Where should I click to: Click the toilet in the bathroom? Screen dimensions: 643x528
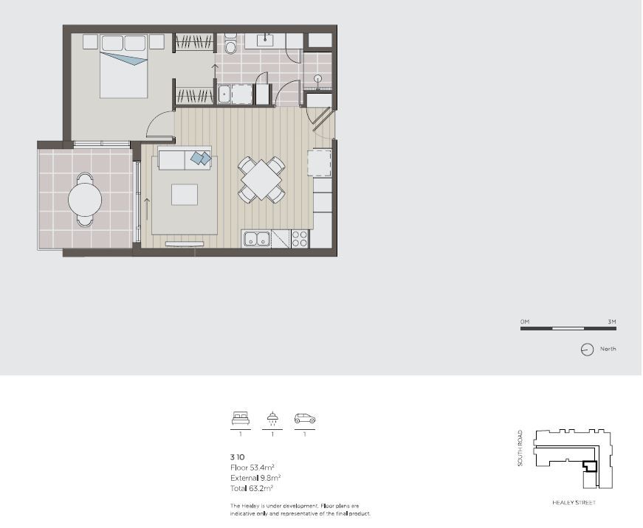coord(230,44)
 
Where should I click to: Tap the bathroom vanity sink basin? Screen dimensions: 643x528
coord(265,40)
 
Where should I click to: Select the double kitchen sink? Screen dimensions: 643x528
coord(257,239)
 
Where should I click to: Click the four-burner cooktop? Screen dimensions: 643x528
coord(300,239)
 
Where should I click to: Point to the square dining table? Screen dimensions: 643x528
coord(261,180)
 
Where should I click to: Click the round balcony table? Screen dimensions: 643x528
coord(85,200)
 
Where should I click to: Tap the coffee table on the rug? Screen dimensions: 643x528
coord(185,195)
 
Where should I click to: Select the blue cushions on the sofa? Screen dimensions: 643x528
coord(202,158)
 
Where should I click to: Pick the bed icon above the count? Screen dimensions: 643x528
coord(241,418)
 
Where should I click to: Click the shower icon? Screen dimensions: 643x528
coord(272,418)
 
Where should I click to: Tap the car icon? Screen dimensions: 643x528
coord(305,418)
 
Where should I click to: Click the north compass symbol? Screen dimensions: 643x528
coord(587,350)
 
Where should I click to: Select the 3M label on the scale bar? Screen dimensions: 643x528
coord(612,322)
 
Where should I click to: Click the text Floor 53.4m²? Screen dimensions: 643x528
coord(252,468)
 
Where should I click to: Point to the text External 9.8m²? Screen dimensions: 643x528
coord(255,478)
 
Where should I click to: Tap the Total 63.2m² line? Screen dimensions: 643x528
coord(252,488)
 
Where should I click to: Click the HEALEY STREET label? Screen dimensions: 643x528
coord(574,503)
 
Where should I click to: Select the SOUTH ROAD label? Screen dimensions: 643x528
coord(520,448)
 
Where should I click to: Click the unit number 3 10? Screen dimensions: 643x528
coord(238,457)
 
